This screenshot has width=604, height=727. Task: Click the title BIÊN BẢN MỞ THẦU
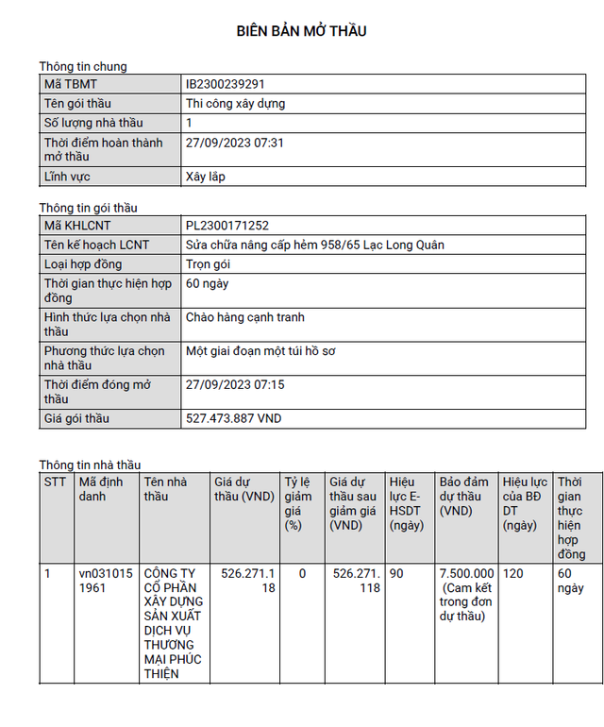click(301, 31)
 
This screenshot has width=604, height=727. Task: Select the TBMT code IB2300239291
click(231, 84)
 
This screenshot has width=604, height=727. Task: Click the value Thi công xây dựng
click(235, 103)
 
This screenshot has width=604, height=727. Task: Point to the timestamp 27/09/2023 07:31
click(235, 143)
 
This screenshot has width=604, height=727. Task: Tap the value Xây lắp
click(206, 177)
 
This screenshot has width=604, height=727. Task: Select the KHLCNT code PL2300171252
click(227, 225)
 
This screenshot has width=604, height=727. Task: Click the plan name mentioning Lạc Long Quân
click(314, 245)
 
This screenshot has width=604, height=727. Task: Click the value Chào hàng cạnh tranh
click(245, 317)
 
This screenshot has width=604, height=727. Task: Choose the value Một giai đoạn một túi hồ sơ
click(261, 351)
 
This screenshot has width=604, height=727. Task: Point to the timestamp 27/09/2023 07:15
click(235, 385)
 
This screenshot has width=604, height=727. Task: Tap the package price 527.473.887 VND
click(233, 418)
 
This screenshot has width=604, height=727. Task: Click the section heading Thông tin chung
click(83, 66)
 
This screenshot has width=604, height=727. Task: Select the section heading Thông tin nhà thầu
click(90, 465)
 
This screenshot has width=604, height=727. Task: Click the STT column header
click(55, 481)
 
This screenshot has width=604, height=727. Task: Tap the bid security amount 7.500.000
click(466, 573)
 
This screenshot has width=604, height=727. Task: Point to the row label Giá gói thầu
click(77, 418)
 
